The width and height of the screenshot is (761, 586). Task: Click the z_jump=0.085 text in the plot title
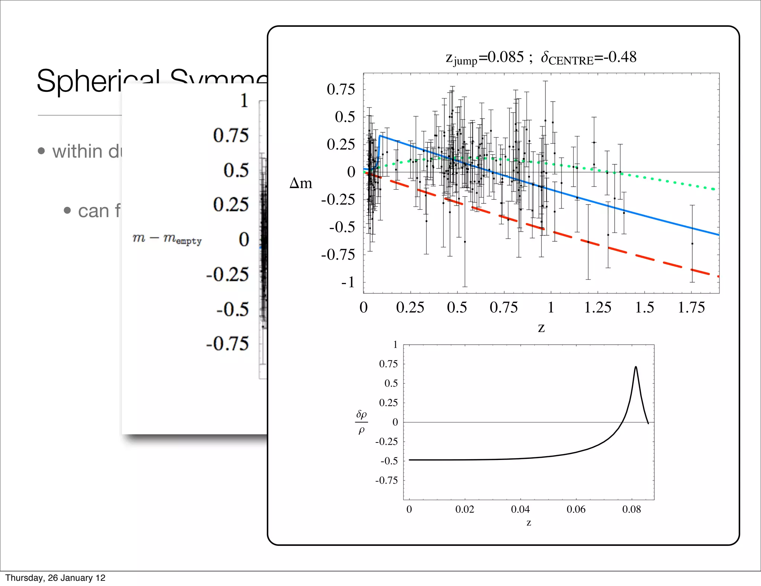pyautogui.click(x=485, y=58)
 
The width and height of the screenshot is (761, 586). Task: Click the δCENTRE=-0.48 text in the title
pyautogui.click(x=589, y=58)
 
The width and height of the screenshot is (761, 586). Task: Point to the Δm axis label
pyautogui.click(x=301, y=183)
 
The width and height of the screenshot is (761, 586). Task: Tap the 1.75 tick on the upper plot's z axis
pyautogui.click(x=691, y=308)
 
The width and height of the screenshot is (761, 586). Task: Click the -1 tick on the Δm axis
pyautogui.click(x=349, y=282)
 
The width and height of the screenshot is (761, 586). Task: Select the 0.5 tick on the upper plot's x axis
pyautogui.click(x=457, y=308)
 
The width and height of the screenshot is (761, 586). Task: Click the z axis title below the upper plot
pyautogui.click(x=541, y=328)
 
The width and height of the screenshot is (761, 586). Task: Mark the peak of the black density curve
pyautogui.click(x=636, y=367)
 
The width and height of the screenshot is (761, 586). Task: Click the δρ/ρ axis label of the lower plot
pyautogui.click(x=362, y=422)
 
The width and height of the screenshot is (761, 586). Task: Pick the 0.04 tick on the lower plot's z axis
pyautogui.click(x=520, y=509)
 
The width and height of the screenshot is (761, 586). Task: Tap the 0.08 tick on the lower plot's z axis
pyautogui.click(x=632, y=509)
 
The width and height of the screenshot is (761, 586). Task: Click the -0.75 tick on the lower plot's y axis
pyautogui.click(x=386, y=480)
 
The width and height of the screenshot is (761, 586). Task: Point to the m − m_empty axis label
pyautogui.click(x=167, y=238)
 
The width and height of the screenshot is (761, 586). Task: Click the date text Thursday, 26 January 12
pyautogui.click(x=55, y=578)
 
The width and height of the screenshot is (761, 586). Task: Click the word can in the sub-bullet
pyautogui.click(x=93, y=211)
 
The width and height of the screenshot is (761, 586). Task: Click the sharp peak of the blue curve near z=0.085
pyautogui.click(x=380, y=136)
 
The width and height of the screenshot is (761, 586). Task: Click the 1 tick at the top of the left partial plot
pyautogui.click(x=244, y=101)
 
